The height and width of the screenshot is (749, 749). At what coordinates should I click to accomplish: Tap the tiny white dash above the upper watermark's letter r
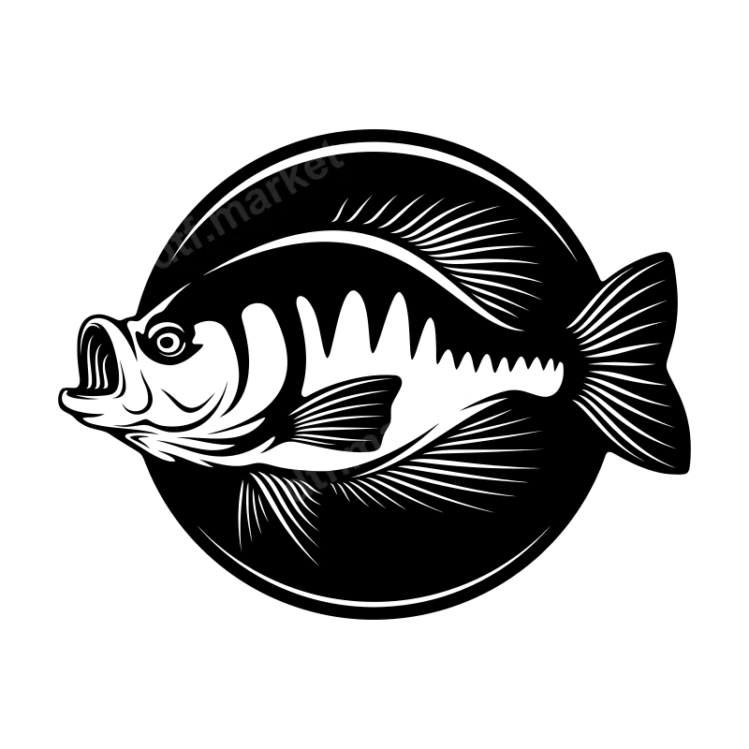click(x=277, y=168)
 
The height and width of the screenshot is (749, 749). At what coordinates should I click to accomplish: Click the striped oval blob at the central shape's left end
click(x=297, y=490)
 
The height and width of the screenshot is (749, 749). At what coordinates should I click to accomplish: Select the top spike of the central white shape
click(x=460, y=374)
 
